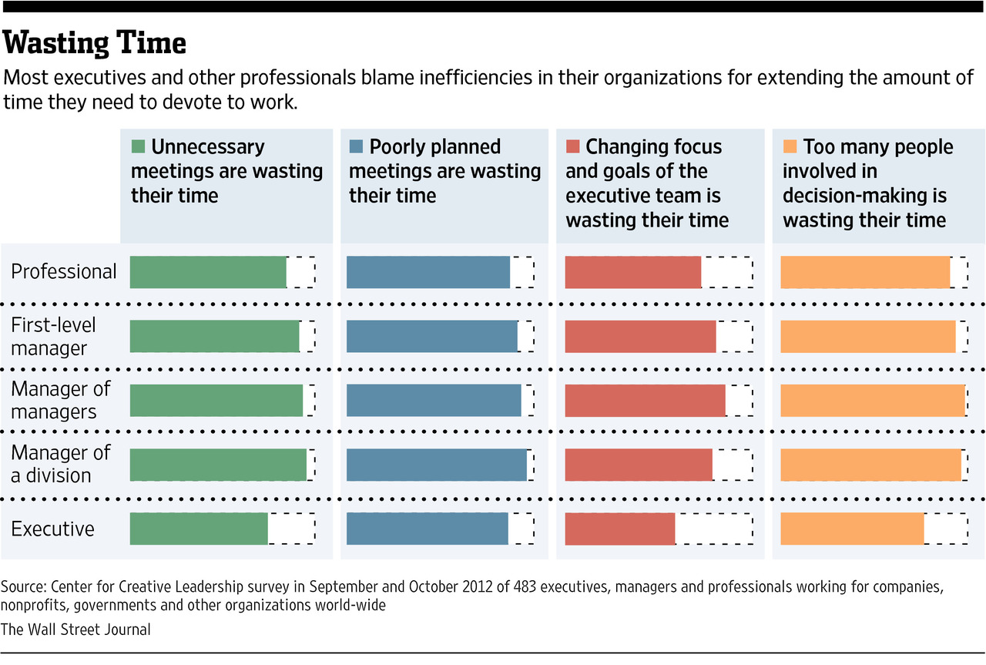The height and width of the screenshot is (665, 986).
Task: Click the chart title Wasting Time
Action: click(95, 43)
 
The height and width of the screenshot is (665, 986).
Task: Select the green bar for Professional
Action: click(208, 272)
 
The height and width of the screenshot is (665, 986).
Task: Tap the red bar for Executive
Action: click(620, 529)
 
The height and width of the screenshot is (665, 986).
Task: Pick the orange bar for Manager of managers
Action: click(873, 401)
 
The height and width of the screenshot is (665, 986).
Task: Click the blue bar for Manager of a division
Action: click(437, 465)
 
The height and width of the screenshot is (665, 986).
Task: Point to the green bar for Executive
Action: click(199, 529)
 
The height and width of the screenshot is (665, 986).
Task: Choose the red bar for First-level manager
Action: click(640, 337)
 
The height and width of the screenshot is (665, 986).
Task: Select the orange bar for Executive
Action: click(852, 529)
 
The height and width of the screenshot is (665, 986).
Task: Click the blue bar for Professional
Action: click(428, 272)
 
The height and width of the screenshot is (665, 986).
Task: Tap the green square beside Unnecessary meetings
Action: click(138, 147)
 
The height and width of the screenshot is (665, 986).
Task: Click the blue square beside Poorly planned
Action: click(356, 147)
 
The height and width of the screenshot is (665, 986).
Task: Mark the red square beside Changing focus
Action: click(572, 147)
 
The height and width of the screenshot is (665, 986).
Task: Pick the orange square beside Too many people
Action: click(789, 147)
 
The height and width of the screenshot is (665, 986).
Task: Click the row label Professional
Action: click(64, 272)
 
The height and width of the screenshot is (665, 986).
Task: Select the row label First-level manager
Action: click(54, 336)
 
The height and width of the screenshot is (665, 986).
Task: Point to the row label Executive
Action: click(52, 529)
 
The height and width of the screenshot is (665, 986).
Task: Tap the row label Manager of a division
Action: click(60, 464)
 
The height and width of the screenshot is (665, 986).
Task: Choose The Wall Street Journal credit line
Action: click(75, 630)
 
